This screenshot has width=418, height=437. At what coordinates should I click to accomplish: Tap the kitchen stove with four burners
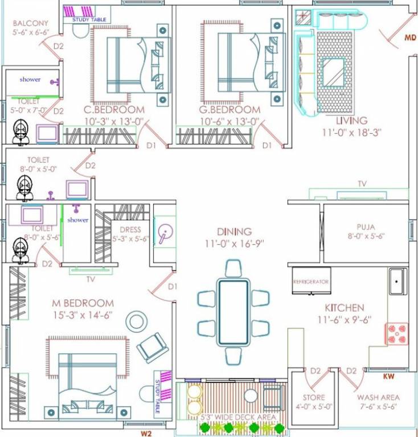[397, 333]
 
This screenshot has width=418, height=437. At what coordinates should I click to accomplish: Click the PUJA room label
[366, 226]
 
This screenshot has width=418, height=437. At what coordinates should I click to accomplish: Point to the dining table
[233, 312]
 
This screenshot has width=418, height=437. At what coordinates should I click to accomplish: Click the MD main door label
[410, 38]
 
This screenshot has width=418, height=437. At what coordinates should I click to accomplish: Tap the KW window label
[390, 376]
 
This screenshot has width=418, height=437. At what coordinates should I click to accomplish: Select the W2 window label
[147, 434]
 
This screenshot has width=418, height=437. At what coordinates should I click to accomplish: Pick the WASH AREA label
[378, 397]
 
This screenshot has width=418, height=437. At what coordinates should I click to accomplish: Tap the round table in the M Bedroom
[137, 322]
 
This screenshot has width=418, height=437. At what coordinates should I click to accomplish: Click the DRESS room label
[130, 230]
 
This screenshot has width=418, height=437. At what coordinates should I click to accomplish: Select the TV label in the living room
[362, 184]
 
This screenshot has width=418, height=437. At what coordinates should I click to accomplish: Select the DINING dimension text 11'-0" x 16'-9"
[234, 243]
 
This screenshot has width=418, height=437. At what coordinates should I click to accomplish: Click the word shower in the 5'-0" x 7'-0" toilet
[30, 80]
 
